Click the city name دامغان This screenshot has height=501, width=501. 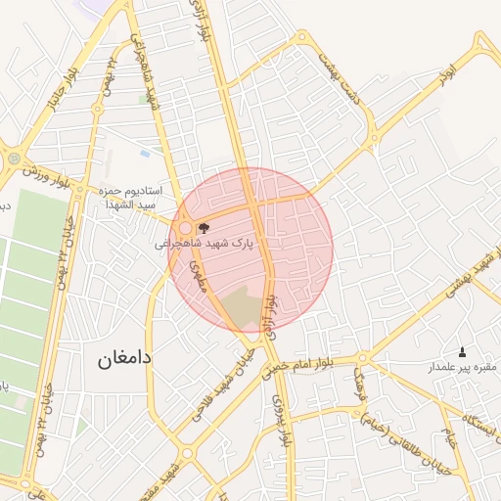point(124,358)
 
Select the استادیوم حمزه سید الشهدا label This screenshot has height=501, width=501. point(138,199)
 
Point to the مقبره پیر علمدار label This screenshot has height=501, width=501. point(461,368)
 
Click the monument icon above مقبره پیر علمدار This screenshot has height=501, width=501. point(462,351)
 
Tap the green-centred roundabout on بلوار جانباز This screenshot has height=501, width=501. point(14,157)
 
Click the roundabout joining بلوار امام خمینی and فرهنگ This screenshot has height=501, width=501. point(363,358)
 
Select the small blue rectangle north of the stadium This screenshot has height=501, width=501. point(145,154)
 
